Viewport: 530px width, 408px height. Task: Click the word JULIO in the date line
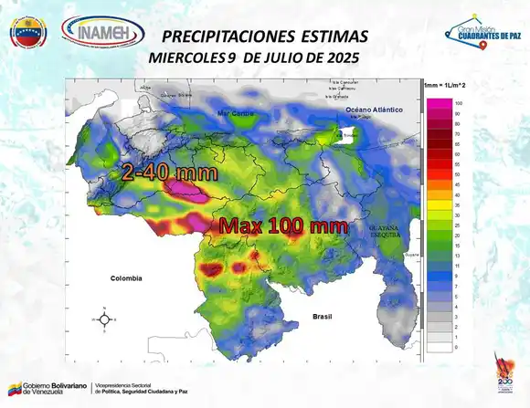tap(284, 58)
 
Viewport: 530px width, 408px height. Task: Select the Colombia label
tap(129, 278)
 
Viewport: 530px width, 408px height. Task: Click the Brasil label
tap(321, 316)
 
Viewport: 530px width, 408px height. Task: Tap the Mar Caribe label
tap(235, 113)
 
